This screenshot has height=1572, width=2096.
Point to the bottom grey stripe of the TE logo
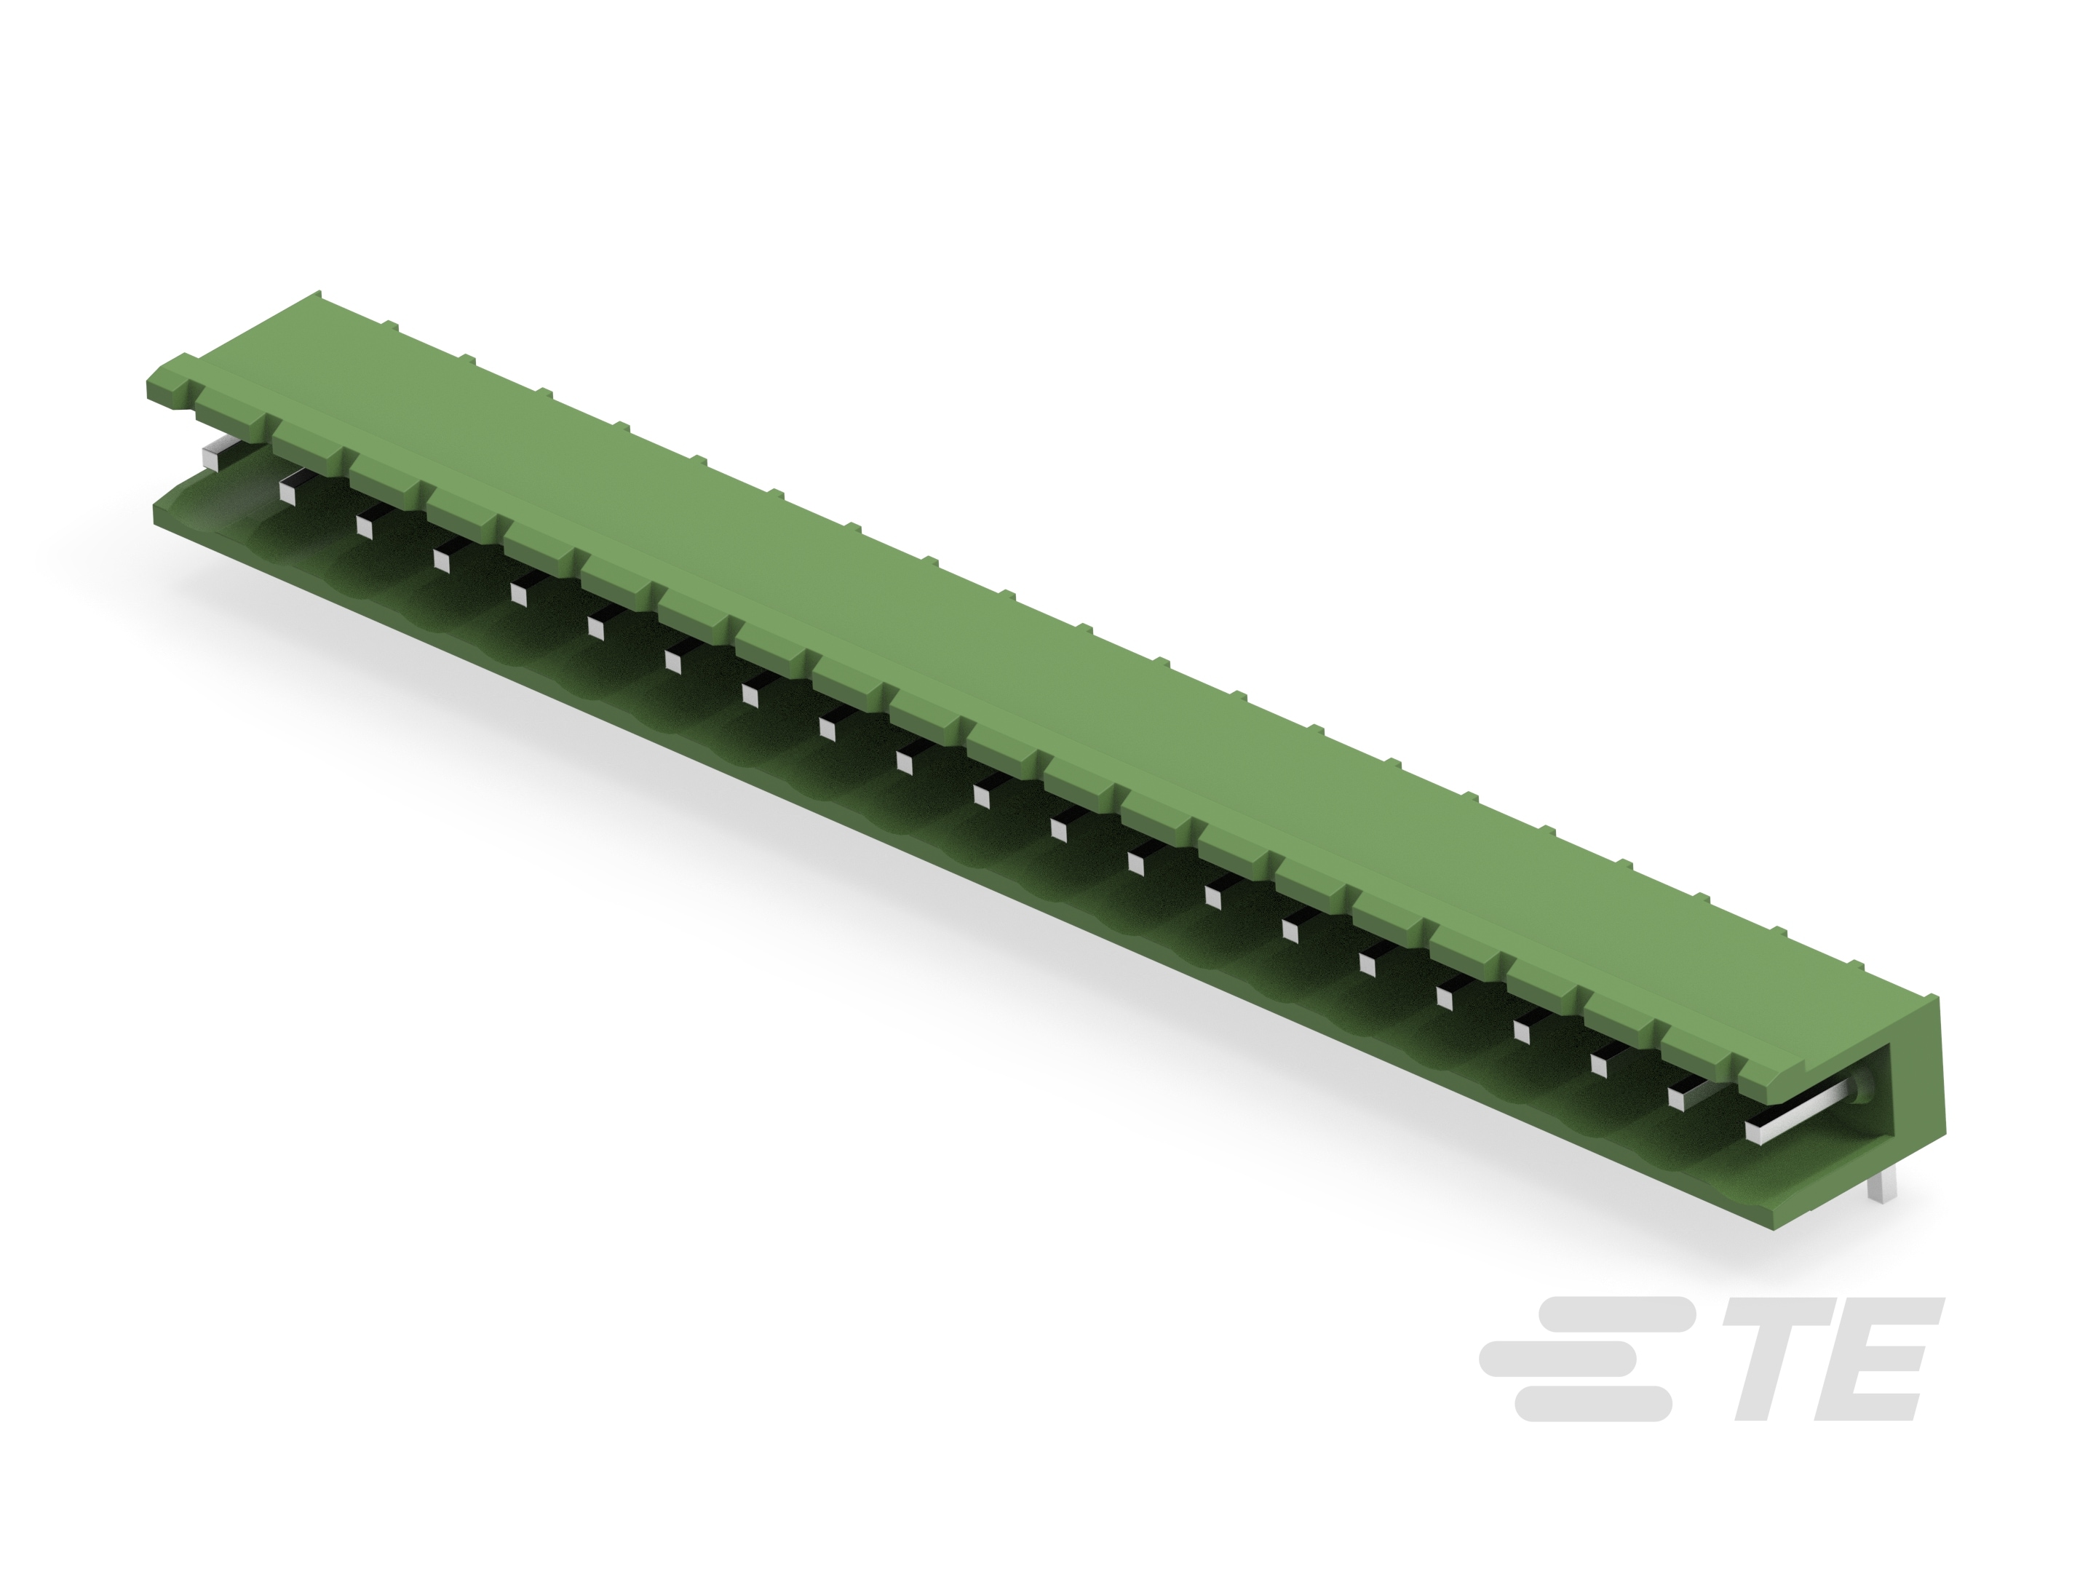pos(1592,1403)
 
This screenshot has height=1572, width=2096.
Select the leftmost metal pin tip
pos(216,454)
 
